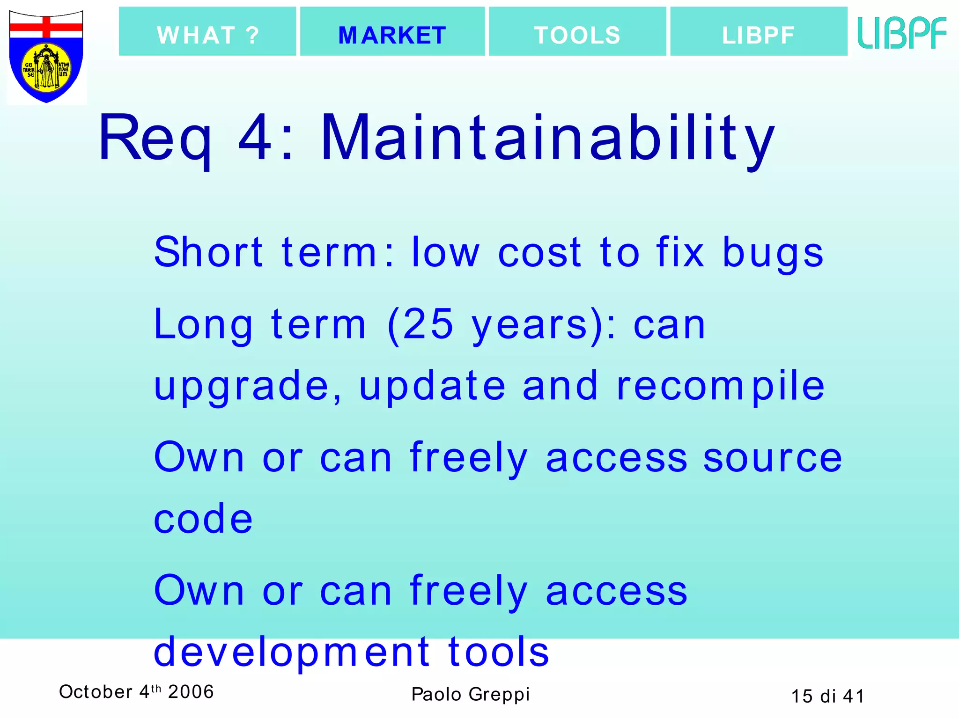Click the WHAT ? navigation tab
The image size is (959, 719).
(x=207, y=32)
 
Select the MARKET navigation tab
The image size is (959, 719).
(x=392, y=32)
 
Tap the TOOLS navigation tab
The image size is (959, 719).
(x=577, y=32)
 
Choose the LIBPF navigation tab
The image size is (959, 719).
(x=759, y=32)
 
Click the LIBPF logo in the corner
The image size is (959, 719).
(x=902, y=33)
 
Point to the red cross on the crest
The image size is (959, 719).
(x=46, y=27)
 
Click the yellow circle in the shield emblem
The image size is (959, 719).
(x=46, y=68)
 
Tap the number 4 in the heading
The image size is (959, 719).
(x=255, y=139)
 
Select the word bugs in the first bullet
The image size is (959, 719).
(x=773, y=253)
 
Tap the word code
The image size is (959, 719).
(x=203, y=519)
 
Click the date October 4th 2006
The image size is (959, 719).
(x=136, y=692)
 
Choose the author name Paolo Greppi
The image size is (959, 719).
(x=470, y=695)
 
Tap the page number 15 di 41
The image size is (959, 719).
(x=827, y=697)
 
